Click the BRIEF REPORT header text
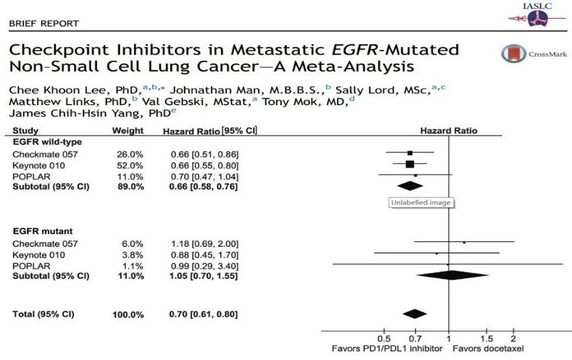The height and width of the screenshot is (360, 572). [44, 24]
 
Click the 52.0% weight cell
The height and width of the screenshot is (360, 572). [130, 164]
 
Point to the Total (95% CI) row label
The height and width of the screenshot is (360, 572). [44, 314]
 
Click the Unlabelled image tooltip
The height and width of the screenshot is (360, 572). [421, 202]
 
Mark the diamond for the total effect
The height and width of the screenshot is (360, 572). [414, 313]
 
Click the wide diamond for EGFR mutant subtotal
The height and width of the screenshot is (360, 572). [452, 275]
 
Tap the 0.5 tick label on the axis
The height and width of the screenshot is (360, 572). [383, 338]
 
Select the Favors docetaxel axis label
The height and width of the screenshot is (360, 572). [488, 349]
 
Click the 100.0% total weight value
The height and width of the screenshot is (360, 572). [128, 315]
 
